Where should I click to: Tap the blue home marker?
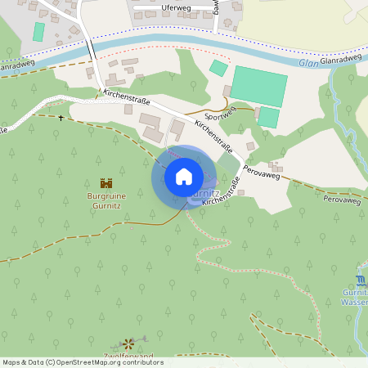pyautogui.click(x=184, y=177)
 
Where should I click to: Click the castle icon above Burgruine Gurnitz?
pyautogui.click(x=106, y=184)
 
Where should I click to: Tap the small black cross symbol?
pyautogui.click(x=61, y=118)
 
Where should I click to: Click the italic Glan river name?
pyautogui.click(x=307, y=62)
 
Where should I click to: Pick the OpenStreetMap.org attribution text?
pyautogui.click(x=119, y=362)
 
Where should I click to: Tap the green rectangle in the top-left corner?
pyautogui.click(x=38, y=32)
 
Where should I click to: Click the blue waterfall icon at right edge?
pyautogui.click(x=362, y=281)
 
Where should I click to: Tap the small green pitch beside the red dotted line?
pyautogui.click(x=218, y=68)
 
